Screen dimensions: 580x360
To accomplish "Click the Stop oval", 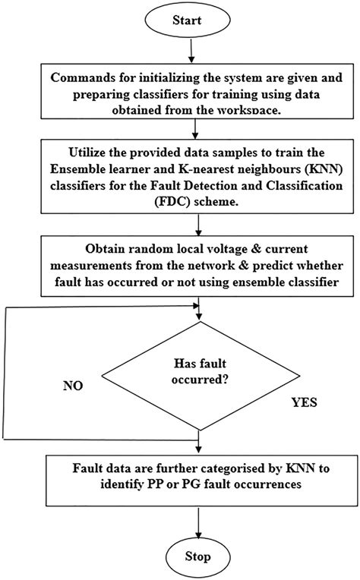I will point(197,556).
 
